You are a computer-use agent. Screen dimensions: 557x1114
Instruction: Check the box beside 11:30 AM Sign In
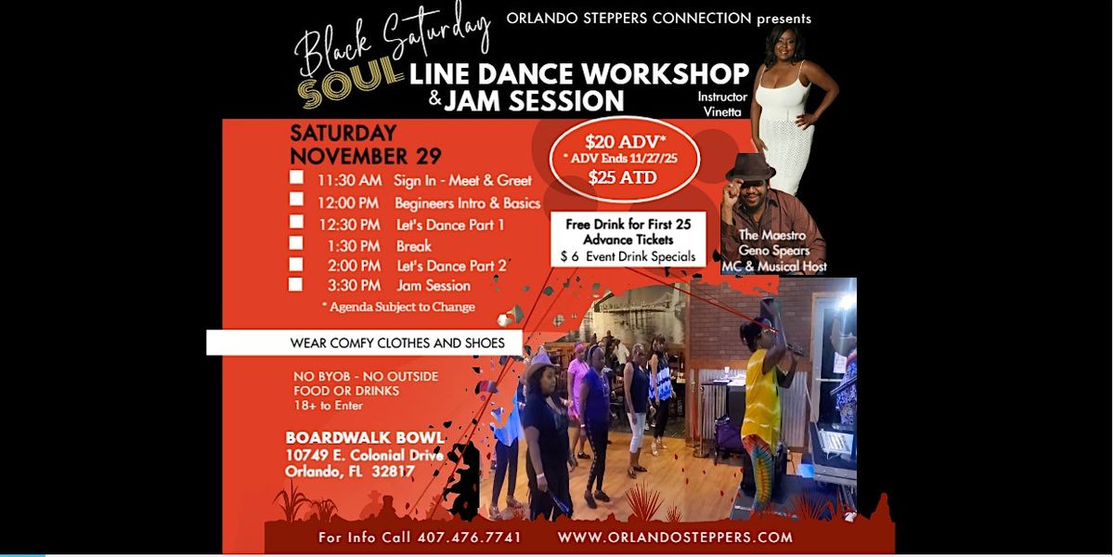pyautogui.click(x=296, y=177)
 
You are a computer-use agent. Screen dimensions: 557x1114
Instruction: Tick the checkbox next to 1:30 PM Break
pyautogui.click(x=296, y=243)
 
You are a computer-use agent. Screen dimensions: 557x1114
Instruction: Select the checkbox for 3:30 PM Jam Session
pyautogui.click(x=296, y=284)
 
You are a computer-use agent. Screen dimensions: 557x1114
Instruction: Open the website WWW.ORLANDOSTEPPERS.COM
pyautogui.click(x=675, y=538)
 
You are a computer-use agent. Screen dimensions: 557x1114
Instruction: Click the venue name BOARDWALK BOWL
pyautogui.click(x=364, y=437)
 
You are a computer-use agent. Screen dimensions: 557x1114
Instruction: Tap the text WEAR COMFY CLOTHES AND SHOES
pyautogui.click(x=397, y=343)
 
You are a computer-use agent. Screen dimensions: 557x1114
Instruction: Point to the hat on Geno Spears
pyautogui.click(x=750, y=167)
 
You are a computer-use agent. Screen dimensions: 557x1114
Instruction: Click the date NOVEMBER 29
pyautogui.click(x=365, y=155)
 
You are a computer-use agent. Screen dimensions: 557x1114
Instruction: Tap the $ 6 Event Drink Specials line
pyautogui.click(x=628, y=255)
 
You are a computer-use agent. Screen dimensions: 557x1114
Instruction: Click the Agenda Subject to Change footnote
pyautogui.click(x=398, y=306)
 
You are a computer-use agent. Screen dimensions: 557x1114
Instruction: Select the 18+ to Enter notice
pyautogui.click(x=328, y=406)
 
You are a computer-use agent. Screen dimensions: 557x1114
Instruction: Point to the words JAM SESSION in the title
pyautogui.click(x=534, y=99)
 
